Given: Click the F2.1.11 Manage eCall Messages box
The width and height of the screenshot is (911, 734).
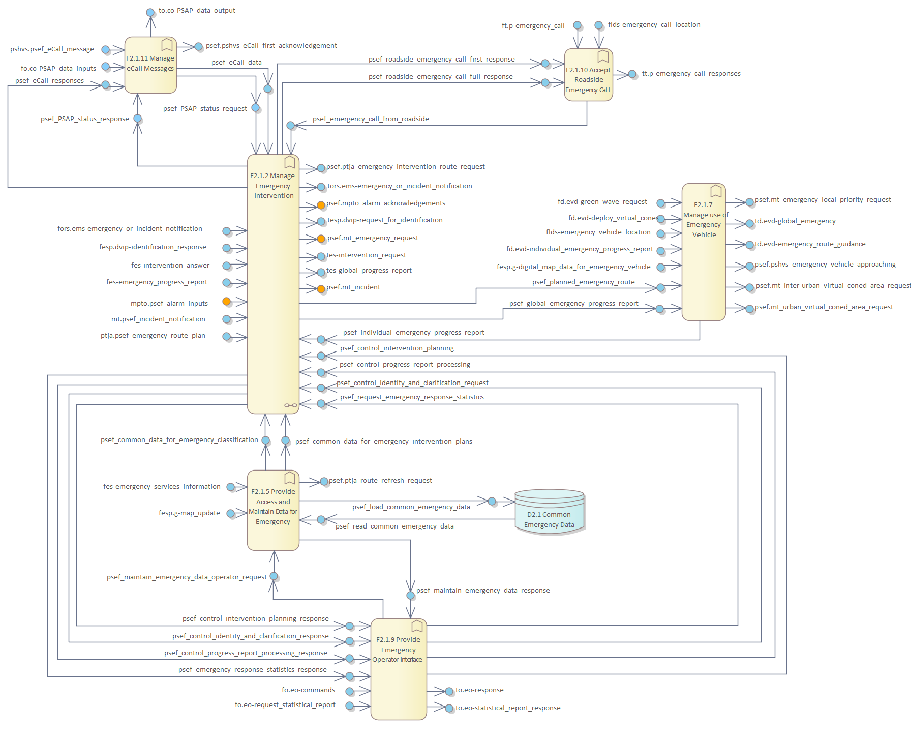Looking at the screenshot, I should tap(150, 65).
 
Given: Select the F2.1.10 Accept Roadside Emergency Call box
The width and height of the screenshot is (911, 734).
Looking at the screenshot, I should tap(588, 75).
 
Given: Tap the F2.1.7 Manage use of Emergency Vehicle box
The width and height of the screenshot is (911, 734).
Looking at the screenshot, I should tap(704, 252).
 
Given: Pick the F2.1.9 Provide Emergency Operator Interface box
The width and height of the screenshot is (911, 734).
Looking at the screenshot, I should tap(398, 669).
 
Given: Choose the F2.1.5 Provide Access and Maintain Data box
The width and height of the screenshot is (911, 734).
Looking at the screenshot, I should tap(273, 510).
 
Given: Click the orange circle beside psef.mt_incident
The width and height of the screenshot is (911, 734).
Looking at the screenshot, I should tap(321, 289).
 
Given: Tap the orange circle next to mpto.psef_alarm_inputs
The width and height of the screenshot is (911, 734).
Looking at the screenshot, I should tap(227, 302).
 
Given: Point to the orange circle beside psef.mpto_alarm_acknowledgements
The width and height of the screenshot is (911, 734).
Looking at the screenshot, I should tap(321, 205).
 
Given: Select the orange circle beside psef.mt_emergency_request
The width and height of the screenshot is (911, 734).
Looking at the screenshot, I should tap(321, 239).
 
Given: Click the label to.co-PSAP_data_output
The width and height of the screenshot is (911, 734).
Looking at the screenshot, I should tap(197, 11).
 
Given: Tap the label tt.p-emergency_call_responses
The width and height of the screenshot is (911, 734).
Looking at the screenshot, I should tap(691, 74).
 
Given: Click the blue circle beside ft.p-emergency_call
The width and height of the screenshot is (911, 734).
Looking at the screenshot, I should tap(578, 25).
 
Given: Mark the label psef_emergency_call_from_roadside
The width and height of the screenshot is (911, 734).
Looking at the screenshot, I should tap(371, 119).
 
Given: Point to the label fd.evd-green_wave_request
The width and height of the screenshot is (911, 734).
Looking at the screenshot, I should tap(602, 202).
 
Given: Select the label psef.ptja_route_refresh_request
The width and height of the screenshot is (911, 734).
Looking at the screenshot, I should tap(380, 481).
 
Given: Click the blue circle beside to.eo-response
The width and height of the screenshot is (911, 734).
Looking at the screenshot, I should tap(449, 691).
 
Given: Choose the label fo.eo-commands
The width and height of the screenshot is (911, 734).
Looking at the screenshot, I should tap(308, 690).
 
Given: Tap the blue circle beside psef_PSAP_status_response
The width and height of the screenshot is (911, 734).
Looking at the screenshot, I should tap(137, 119).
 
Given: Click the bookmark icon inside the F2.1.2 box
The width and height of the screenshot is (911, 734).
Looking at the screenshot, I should tap(290, 162).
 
